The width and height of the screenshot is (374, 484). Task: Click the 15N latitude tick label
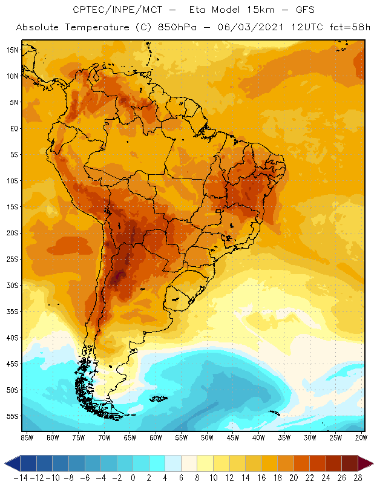11,50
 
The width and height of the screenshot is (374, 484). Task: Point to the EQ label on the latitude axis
13,128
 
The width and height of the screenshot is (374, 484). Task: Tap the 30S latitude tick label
11,285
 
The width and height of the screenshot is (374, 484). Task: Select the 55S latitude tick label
11,416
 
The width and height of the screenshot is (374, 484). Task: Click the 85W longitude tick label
27,437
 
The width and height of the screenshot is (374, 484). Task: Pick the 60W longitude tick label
156,437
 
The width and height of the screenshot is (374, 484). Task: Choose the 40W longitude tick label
259,437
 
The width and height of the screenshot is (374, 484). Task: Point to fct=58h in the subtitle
350,28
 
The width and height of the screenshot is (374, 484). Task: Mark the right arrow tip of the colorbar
371,463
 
